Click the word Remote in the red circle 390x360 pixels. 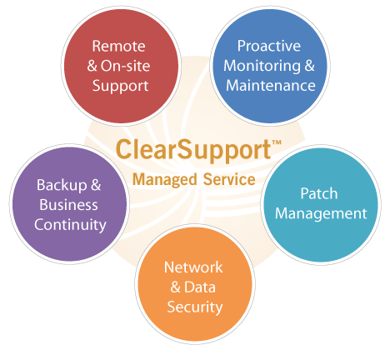pyautogui.click(x=118, y=46)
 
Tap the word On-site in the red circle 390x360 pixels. pyautogui.click(x=125, y=66)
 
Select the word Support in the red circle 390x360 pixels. pyautogui.click(x=120, y=86)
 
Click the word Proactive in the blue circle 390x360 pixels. pyautogui.click(x=269, y=46)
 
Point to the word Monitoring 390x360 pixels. pyautogui.click(x=262, y=67)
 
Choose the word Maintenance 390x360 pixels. pyautogui.click(x=271, y=86)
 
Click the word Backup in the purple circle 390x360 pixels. pyautogui.click(x=62, y=185)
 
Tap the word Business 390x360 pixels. pyautogui.click(x=68, y=205)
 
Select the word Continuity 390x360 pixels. pyautogui.click(x=70, y=225)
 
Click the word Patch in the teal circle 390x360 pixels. pyautogui.click(x=319, y=193)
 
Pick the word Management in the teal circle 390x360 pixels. pyautogui.click(x=321, y=214)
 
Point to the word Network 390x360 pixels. pyautogui.click(x=193, y=267)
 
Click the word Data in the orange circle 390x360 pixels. pyautogui.click(x=200, y=287)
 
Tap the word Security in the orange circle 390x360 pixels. pyautogui.click(x=195, y=307)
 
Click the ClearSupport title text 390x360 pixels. pyautogui.click(x=193, y=150)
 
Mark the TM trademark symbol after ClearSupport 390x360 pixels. pyautogui.click(x=277, y=142)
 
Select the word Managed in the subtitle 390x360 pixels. pyautogui.click(x=165, y=180)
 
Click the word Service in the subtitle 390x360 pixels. pyautogui.click(x=229, y=179)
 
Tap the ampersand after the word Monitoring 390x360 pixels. pyautogui.click(x=309, y=66)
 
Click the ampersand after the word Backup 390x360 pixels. pyautogui.click(x=96, y=185)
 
